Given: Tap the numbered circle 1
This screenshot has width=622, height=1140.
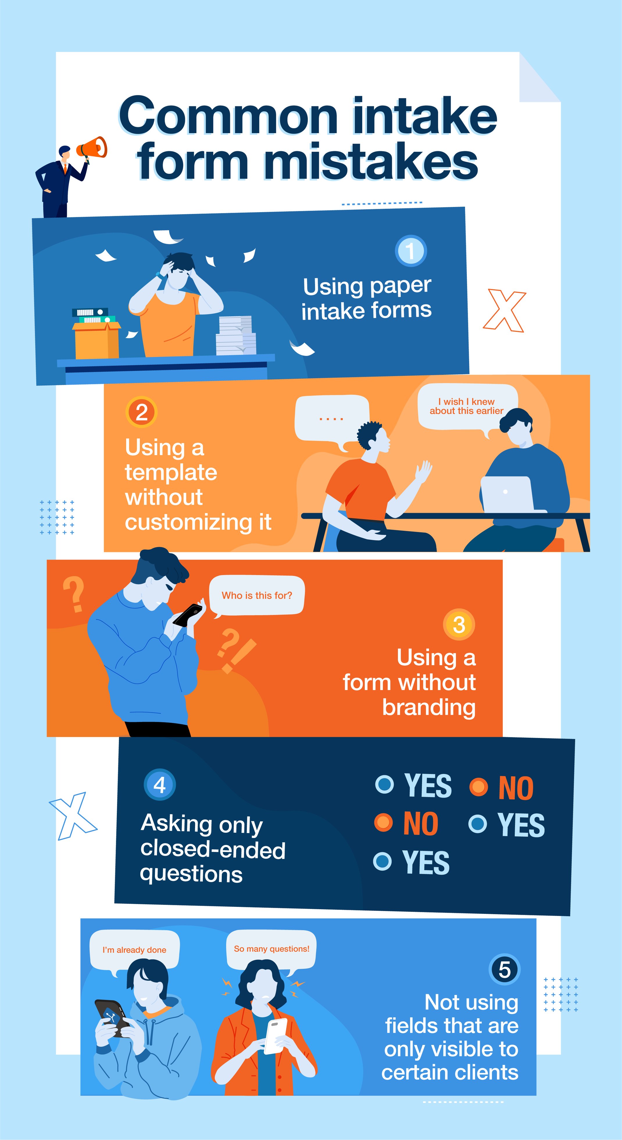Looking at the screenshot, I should [x=410, y=251].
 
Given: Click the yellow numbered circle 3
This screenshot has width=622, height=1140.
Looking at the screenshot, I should [x=459, y=624].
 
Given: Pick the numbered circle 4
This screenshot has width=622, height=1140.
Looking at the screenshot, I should [x=160, y=785].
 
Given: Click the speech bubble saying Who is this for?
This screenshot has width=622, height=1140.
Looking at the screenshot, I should [x=257, y=596].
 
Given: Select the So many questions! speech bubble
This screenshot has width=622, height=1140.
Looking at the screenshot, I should [x=271, y=949].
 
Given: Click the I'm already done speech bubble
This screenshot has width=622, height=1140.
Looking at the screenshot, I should [x=134, y=950].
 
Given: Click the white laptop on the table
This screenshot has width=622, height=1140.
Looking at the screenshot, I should [x=507, y=494].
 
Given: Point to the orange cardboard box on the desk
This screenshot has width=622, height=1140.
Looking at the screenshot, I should [x=96, y=340].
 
